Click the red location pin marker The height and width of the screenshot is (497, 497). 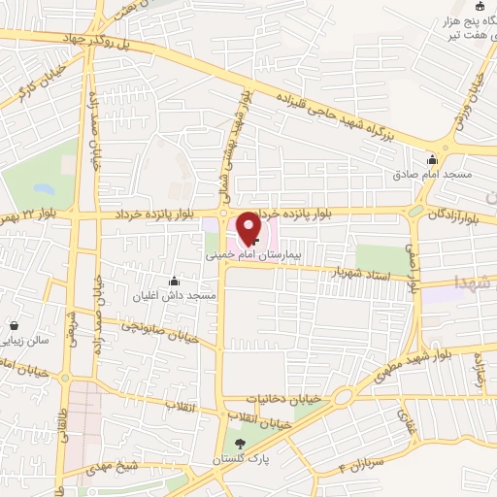click(248, 227)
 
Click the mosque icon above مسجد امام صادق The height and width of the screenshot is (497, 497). click(433, 160)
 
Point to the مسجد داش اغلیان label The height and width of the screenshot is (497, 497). click(176, 294)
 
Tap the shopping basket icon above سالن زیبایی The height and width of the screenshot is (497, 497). click(15, 325)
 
